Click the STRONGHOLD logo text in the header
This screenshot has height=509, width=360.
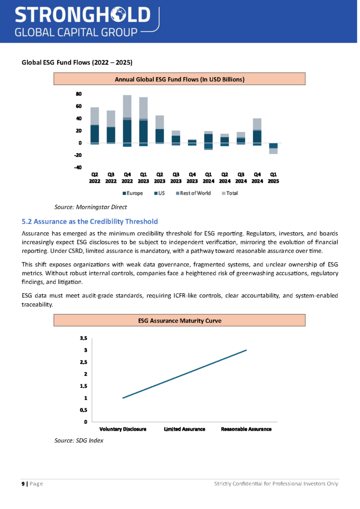(82, 14)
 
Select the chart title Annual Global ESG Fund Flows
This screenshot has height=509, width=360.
(180, 79)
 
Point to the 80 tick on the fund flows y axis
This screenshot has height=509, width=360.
(79, 94)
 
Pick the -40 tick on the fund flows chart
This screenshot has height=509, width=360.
(78, 168)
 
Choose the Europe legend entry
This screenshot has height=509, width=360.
(133, 193)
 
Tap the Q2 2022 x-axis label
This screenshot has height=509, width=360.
(94, 178)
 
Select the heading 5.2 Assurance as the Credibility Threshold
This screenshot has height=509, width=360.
(90, 221)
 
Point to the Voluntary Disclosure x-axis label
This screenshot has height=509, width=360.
(123, 429)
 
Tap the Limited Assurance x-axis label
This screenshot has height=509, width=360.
(184, 429)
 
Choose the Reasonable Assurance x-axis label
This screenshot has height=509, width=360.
(246, 429)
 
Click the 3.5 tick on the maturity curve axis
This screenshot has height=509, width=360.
(83, 338)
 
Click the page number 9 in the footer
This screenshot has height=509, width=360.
(23, 484)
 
